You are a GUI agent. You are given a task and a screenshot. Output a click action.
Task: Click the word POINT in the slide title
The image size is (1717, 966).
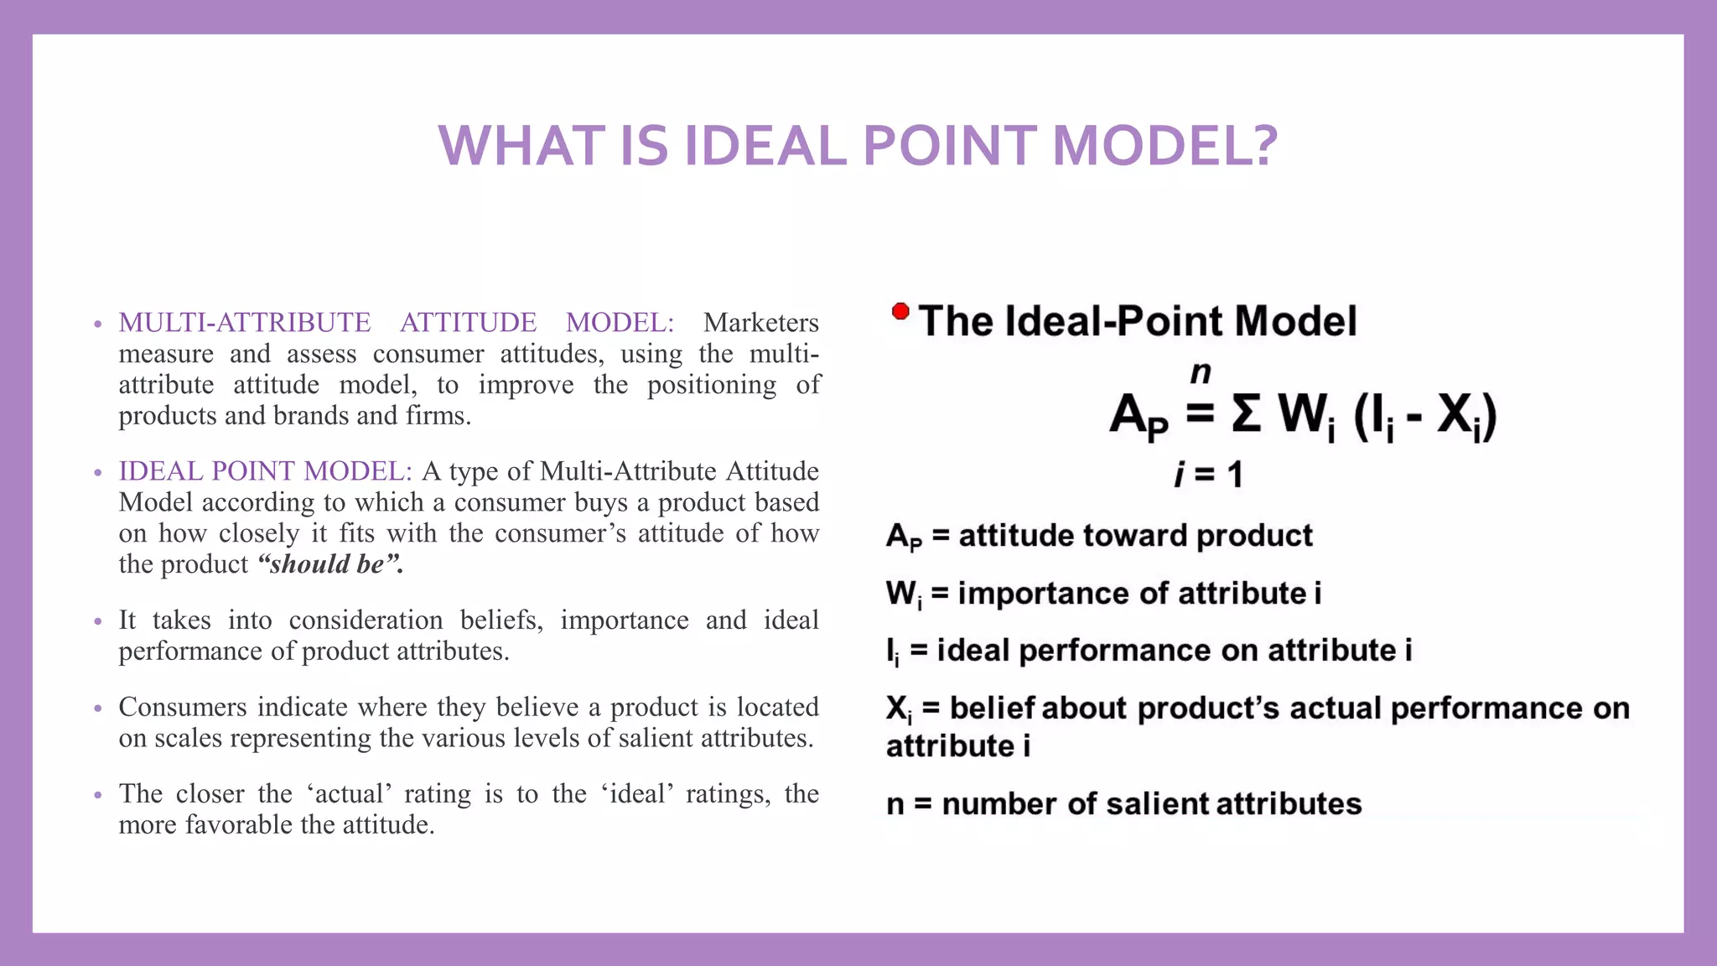point(950,146)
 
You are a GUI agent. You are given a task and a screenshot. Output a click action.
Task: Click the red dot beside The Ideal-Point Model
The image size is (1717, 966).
point(900,312)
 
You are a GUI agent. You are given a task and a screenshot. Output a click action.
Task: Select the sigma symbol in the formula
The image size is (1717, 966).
point(1247,414)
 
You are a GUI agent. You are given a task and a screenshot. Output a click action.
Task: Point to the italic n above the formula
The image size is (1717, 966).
point(1201,371)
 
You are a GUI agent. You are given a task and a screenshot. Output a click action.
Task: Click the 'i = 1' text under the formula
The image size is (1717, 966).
point(1208,475)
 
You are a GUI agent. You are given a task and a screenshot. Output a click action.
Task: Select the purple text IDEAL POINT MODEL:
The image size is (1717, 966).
point(265,471)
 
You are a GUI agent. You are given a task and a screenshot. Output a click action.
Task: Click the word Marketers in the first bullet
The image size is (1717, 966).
point(760,323)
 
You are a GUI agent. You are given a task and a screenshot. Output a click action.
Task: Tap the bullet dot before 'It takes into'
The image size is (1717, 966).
point(98,621)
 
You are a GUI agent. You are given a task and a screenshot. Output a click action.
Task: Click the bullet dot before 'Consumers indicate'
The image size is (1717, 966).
point(98,709)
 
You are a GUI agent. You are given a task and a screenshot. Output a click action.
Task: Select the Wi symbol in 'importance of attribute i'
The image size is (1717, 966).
point(903,595)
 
